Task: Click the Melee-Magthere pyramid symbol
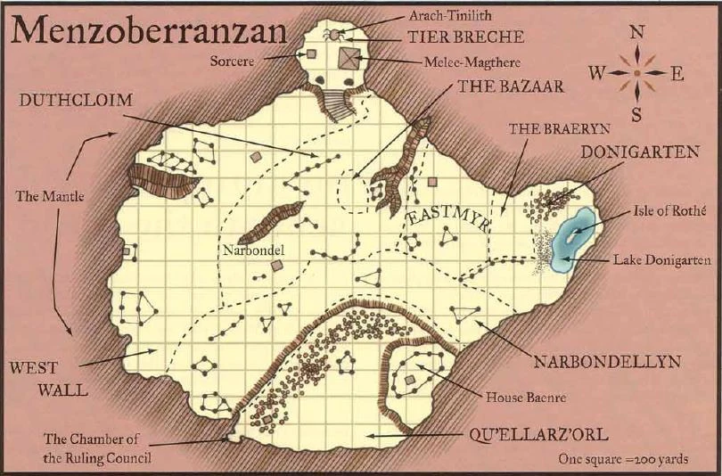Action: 347,60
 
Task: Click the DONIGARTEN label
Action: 639,152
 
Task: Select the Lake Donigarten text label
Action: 661,260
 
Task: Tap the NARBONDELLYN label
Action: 607,362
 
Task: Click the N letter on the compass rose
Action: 637,32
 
